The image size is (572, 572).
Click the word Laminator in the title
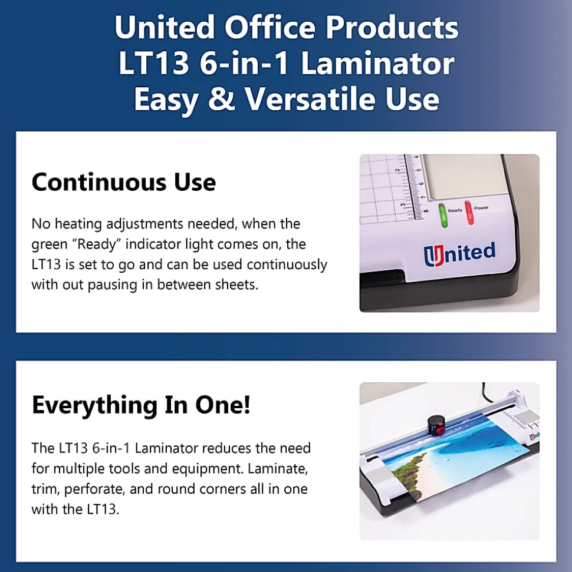click(x=377, y=64)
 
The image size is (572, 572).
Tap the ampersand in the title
click(x=222, y=98)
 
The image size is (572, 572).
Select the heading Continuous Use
click(x=124, y=181)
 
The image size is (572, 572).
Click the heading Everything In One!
click(x=142, y=405)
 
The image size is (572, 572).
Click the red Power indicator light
click(x=469, y=212)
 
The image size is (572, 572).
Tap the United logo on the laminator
click(x=459, y=253)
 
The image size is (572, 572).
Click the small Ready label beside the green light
click(x=455, y=210)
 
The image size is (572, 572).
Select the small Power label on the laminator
click(x=481, y=207)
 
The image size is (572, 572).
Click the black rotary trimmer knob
click(x=435, y=425)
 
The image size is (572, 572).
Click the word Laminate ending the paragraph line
click(x=278, y=469)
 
